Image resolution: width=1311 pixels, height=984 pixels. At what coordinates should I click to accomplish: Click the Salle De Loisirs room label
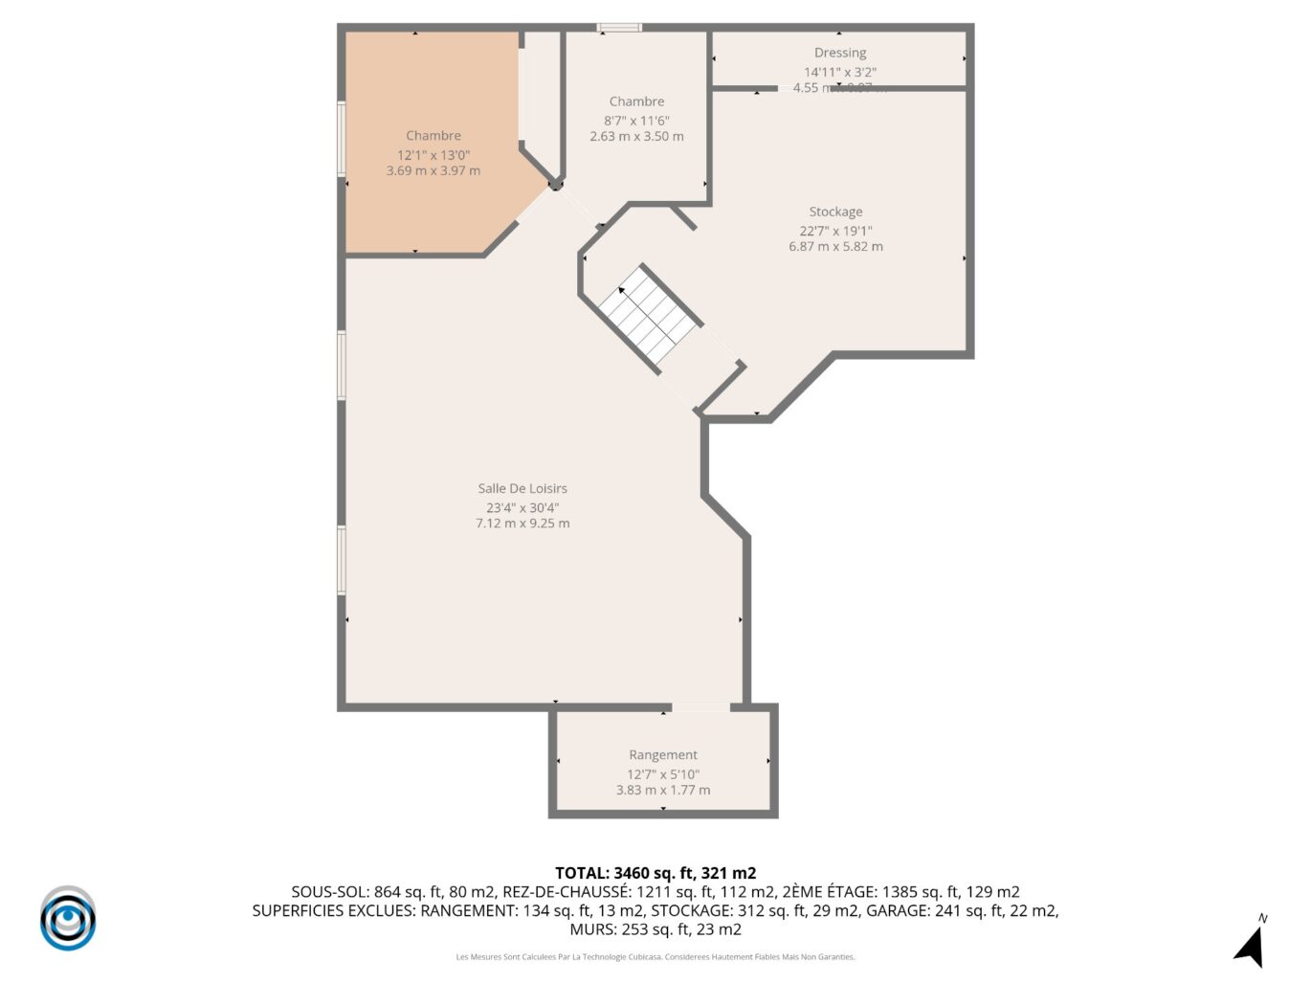tap(522, 488)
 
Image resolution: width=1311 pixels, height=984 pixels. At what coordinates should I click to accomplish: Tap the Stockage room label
tap(835, 212)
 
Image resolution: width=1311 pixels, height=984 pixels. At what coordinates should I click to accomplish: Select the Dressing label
tap(840, 53)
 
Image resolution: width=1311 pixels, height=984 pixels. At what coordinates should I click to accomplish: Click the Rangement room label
tap(663, 755)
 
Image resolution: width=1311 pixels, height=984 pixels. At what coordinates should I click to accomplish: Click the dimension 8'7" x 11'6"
tap(636, 121)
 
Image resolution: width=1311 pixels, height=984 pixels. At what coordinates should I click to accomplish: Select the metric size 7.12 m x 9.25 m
tap(522, 524)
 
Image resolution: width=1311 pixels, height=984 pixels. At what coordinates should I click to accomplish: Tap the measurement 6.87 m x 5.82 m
tap(835, 247)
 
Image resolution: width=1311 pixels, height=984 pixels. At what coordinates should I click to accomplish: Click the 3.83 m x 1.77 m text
tap(663, 791)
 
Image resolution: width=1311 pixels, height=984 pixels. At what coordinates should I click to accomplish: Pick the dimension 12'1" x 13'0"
tap(433, 155)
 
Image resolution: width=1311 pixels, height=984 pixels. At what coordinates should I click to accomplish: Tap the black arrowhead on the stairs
tap(622, 289)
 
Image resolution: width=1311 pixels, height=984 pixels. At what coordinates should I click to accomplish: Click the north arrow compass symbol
tap(1251, 943)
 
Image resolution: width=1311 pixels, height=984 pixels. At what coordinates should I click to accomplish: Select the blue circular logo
tap(68, 919)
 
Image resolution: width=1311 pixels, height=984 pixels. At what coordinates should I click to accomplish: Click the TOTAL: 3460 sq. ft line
tap(655, 873)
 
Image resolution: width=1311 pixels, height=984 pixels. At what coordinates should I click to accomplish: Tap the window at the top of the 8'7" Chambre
tap(619, 28)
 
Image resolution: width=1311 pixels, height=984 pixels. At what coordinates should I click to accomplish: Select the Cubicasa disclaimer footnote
tap(655, 957)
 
